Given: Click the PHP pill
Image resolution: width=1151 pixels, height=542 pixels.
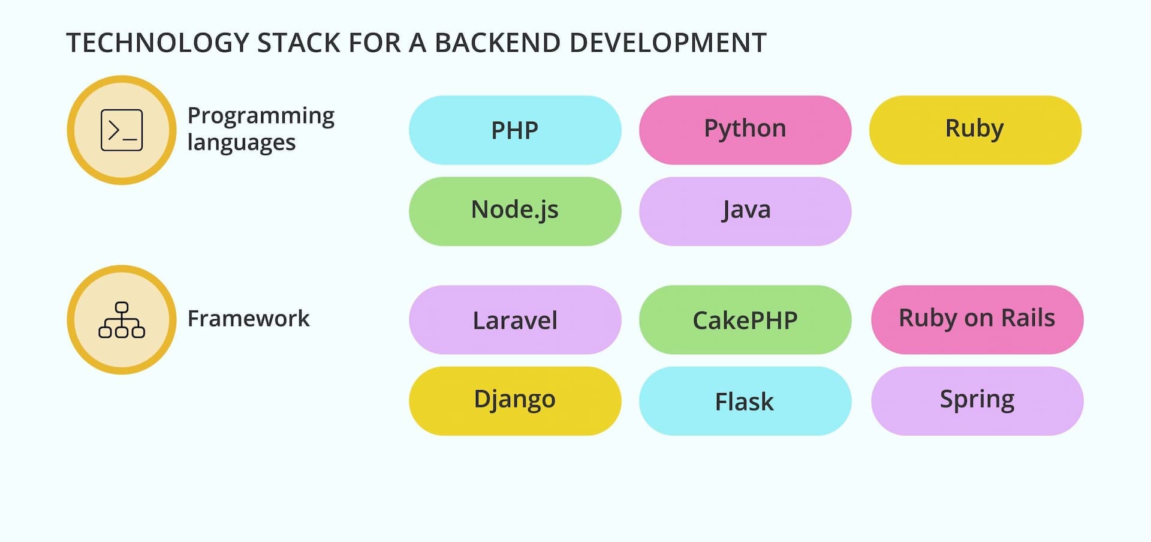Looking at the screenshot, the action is click(x=515, y=130).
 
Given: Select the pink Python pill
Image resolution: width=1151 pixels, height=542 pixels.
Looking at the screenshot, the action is click(x=745, y=130).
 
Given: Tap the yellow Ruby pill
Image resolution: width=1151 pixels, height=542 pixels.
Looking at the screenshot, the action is click(x=975, y=130).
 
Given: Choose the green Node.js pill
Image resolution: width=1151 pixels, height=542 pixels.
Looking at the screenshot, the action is click(x=515, y=211).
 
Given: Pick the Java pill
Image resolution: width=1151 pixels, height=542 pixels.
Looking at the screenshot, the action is click(x=745, y=211).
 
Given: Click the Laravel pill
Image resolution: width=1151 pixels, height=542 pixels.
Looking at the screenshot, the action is click(x=515, y=320).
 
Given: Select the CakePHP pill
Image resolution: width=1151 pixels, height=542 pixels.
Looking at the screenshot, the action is click(x=745, y=320).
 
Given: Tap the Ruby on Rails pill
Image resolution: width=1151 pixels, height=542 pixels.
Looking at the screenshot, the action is click(x=977, y=320).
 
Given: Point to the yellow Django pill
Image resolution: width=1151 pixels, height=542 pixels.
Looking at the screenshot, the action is click(x=515, y=401).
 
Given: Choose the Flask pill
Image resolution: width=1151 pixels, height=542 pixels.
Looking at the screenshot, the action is click(x=745, y=401).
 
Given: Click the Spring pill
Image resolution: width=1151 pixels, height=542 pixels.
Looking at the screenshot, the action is click(x=977, y=401).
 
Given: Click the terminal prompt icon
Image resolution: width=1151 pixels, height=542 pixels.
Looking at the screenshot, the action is click(x=122, y=130).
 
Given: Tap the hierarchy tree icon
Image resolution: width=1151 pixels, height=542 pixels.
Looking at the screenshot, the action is click(x=122, y=320).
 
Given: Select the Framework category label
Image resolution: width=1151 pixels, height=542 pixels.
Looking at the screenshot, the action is click(x=248, y=318).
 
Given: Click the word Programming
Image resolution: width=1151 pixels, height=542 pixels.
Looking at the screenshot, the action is click(x=261, y=116).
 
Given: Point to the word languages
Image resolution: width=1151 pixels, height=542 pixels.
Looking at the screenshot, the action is click(x=242, y=143).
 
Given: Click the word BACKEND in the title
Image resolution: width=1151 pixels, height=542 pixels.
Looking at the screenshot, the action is click(x=498, y=43).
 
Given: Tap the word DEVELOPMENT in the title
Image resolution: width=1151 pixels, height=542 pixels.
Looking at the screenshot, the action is click(x=668, y=43).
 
